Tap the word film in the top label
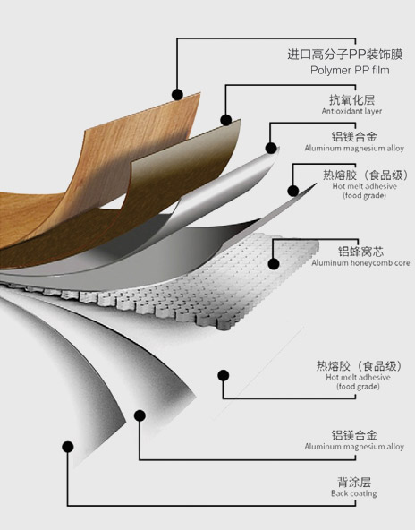pyautogui.click(x=380, y=70)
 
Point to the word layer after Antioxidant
pyautogui.click(x=372, y=111)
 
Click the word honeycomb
pyautogui.click(x=370, y=262)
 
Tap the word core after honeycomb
pyautogui.click(x=402, y=263)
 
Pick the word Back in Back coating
pyautogui.click(x=339, y=493)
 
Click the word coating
pyautogui.click(x=363, y=494)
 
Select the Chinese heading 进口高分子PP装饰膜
pyautogui.click(x=345, y=54)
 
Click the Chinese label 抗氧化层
pyautogui.click(x=351, y=99)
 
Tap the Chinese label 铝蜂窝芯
pyautogui.click(x=361, y=252)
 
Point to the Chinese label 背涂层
pyautogui.click(x=354, y=482)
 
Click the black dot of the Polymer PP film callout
pyautogui.click(x=177, y=95)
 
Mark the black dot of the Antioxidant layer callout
pyautogui.click(x=226, y=120)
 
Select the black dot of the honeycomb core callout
pyautogui.click(x=274, y=263)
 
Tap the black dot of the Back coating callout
pyautogui.click(x=68, y=447)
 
